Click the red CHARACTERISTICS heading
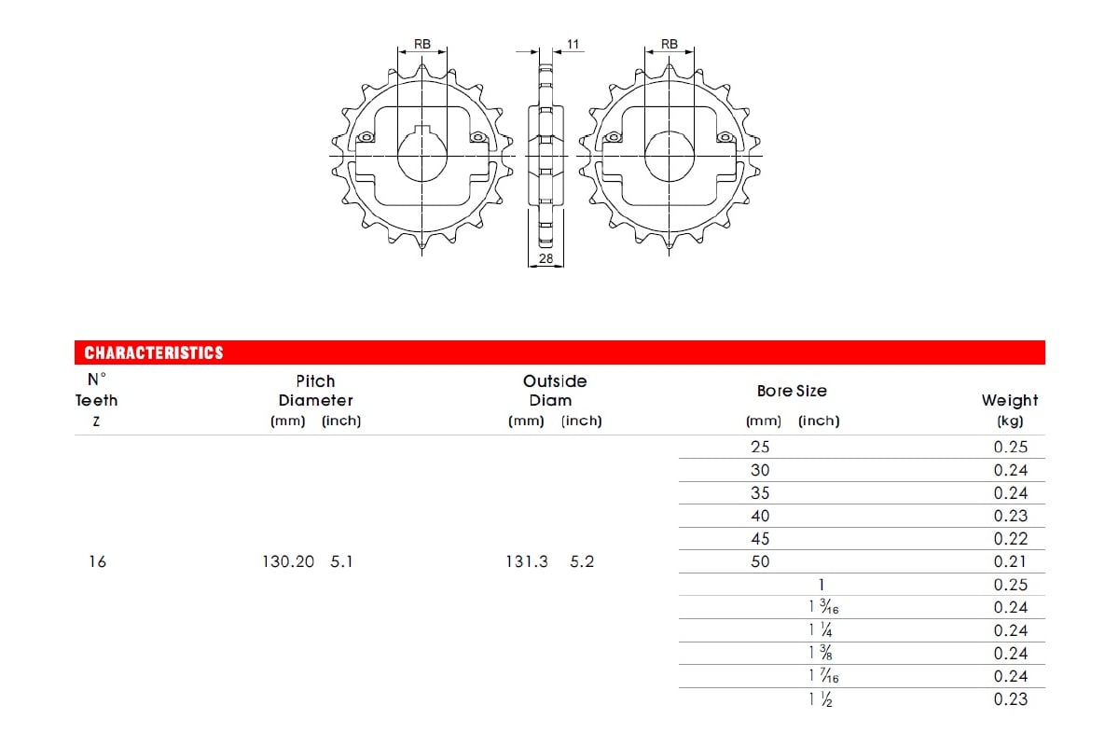154,352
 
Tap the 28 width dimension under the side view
546,258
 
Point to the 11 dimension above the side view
573,45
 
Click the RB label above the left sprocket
422,44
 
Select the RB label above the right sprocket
670,44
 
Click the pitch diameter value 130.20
288,561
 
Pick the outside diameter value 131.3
527,561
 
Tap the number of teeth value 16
97,561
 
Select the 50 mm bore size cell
760,561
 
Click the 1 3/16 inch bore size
823,607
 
